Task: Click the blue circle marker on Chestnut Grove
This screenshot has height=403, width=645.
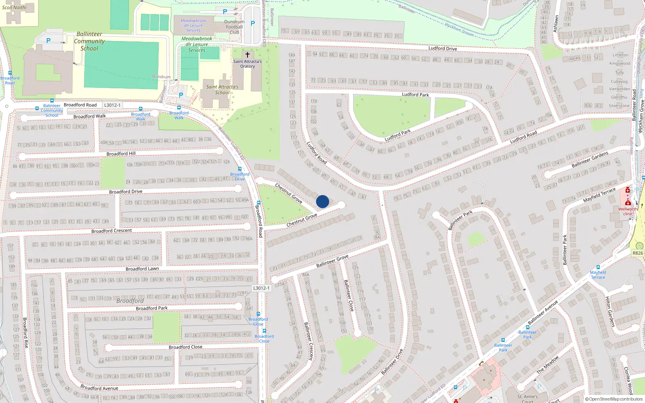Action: [x=322, y=201]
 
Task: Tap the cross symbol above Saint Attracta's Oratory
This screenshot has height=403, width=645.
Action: [x=248, y=55]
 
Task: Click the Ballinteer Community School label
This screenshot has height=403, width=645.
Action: [x=89, y=41]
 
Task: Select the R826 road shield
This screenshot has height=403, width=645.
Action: [x=638, y=253]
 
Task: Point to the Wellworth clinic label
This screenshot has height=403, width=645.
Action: [x=628, y=211]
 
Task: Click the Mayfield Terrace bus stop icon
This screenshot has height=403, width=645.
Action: [x=598, y=267]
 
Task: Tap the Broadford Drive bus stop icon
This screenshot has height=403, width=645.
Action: [x=240, y=169]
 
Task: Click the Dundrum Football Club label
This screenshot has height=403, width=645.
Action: [x=234, y=27]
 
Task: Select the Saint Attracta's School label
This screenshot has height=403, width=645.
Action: [x=222, y=89]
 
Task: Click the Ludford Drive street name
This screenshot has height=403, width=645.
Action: [x=443, y=48]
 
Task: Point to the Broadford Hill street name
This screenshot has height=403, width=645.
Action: [x=121, y=154]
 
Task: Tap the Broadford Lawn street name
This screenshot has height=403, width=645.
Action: [x=142, y=269]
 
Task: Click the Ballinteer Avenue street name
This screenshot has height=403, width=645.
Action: [x=543, y=312]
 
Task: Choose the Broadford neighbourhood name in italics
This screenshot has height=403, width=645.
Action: [x=130, y=301]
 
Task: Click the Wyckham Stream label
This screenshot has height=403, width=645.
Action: [x=459, y=29]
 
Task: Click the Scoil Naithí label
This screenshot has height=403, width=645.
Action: [x=14, y=7]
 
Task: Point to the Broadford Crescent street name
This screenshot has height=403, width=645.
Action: [x=112, y=231]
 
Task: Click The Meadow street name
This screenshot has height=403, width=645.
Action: [x=548, y=364]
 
